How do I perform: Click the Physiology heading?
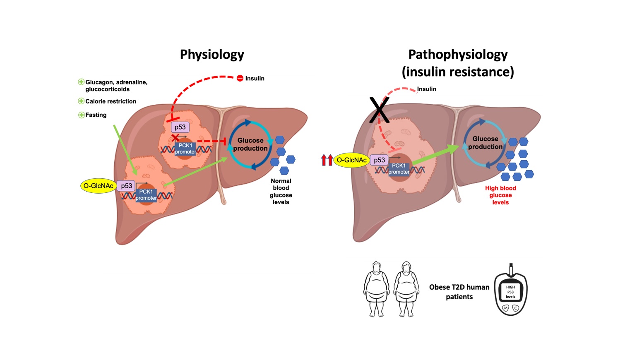coord(212,55)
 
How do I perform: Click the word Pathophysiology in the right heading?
coord(458,55)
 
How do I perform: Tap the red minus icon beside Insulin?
coord(240,78)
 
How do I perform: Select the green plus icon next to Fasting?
coord(82,115)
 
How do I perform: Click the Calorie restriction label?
coord(111,101)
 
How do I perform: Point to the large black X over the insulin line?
coord(379,110)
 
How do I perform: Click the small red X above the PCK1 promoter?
coord(175,137)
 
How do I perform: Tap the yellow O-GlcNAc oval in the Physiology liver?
coord(98,186)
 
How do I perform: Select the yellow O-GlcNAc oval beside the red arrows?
coord(351,160)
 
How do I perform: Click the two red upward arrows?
coord(327,160)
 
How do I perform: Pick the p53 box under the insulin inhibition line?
coord(180,127)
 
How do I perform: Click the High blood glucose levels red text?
coord(500,195)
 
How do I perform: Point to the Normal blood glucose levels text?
coord(281,191)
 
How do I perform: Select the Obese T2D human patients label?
coord(459,292)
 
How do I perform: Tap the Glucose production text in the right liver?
coord(485,143)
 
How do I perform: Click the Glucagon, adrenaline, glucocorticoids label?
coord(116,86)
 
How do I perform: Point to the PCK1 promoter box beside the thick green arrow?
coord(399,169)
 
